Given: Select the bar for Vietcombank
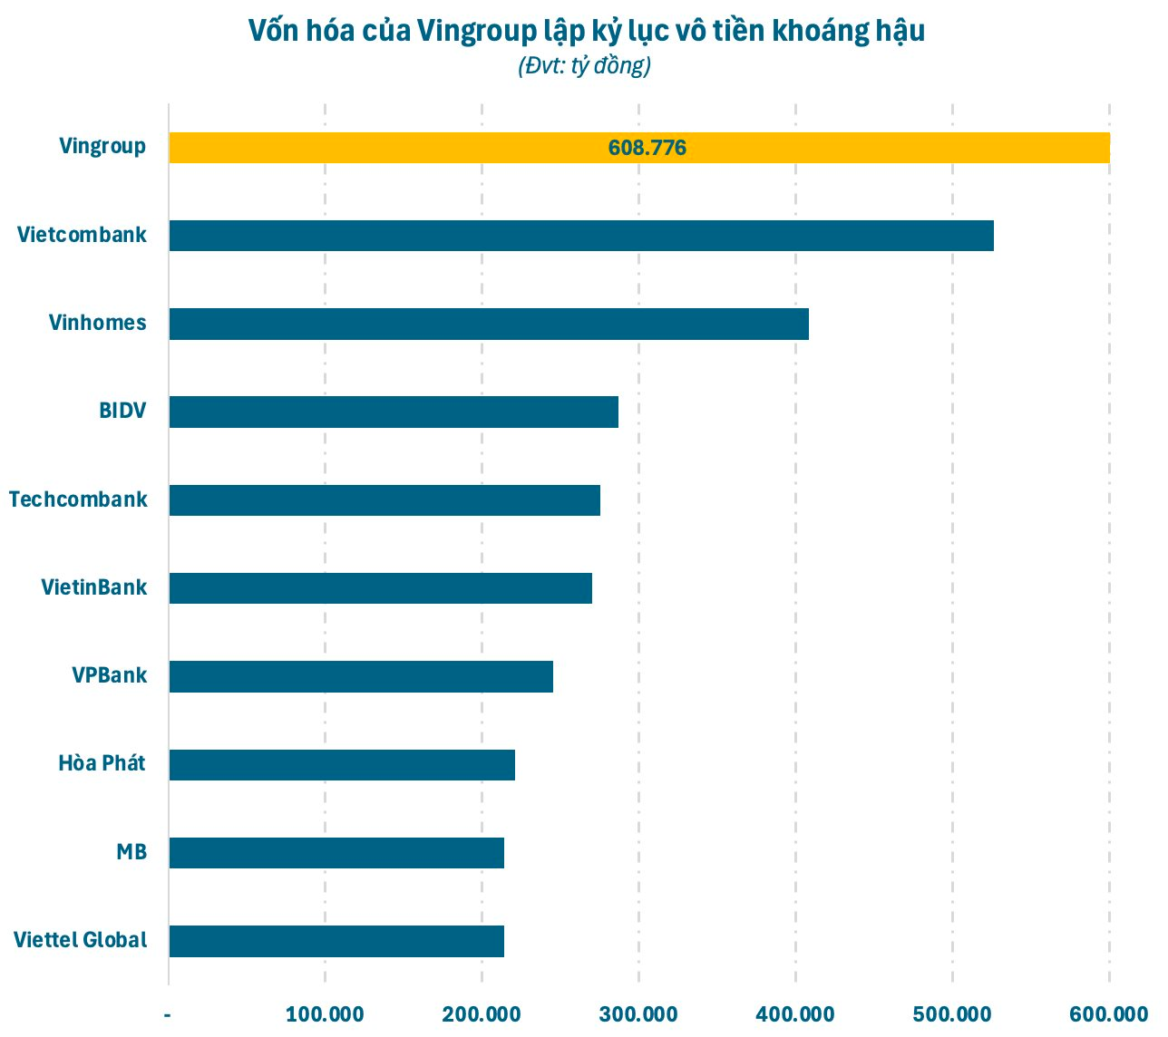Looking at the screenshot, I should coord(580,236).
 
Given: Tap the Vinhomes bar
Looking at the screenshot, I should coord(488,324).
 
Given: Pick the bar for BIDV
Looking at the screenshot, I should coord(394,412).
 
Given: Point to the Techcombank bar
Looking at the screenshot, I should coord(384,500).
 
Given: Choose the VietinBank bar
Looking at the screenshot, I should coord(380,588).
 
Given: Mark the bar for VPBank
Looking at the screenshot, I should coord(361,676).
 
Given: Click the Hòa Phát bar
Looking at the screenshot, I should coord(342,765).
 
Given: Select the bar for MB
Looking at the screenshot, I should coord(336,853).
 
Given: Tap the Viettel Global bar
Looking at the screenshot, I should coord(336,941).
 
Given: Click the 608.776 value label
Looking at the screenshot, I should coord(647,148).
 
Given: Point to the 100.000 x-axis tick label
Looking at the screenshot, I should coord(325,1014).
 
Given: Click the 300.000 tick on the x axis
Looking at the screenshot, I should coord(638,1014).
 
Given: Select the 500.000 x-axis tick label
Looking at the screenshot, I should coord(952,1014).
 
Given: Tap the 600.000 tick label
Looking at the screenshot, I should coord(1109,1014).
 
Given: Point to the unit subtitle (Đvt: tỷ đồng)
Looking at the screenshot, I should coord(584,66).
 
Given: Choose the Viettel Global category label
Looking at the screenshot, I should coord(80,940).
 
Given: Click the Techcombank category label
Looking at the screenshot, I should coord(78,499).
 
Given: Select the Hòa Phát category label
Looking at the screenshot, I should coord(102,763).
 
